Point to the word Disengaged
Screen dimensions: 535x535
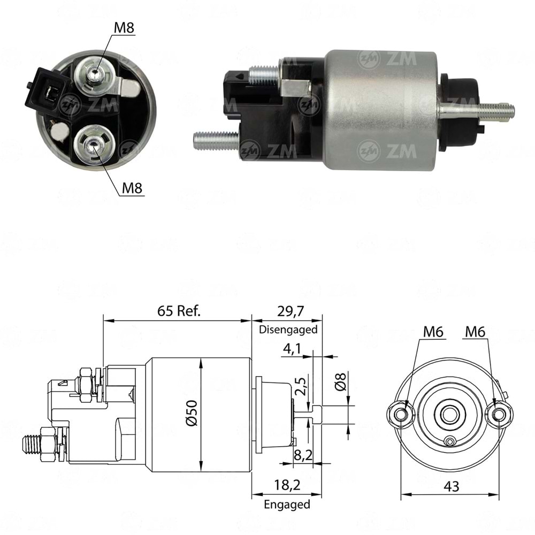click(288, 330)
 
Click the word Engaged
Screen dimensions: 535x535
click(287, 504)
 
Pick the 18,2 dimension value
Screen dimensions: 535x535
click(287, 486)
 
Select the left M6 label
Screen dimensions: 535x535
click(433, 332)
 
